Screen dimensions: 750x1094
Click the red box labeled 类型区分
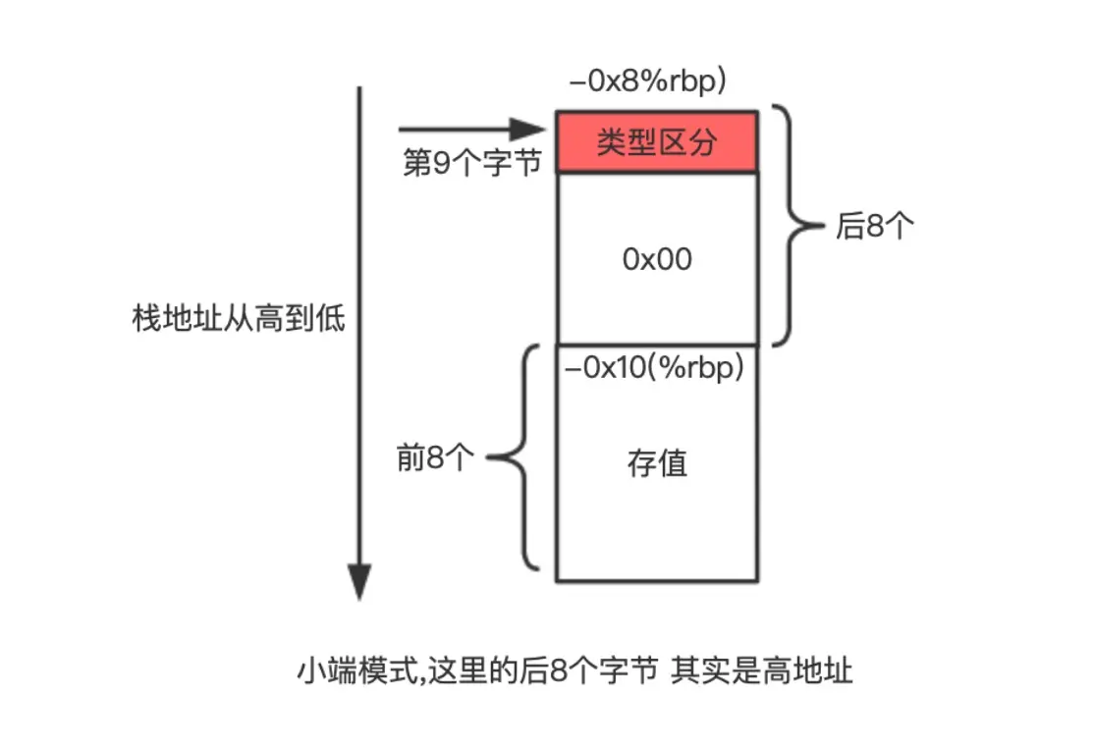pos(656,142)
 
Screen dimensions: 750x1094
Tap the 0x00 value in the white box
pos(657,259)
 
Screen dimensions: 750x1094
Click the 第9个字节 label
pos(472,163)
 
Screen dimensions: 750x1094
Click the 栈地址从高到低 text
pos(239,319)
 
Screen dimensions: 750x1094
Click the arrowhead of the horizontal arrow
pos(531,130)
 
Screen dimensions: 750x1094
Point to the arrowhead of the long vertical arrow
pos(360,583)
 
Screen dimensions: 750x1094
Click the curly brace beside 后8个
pos(793,226)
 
